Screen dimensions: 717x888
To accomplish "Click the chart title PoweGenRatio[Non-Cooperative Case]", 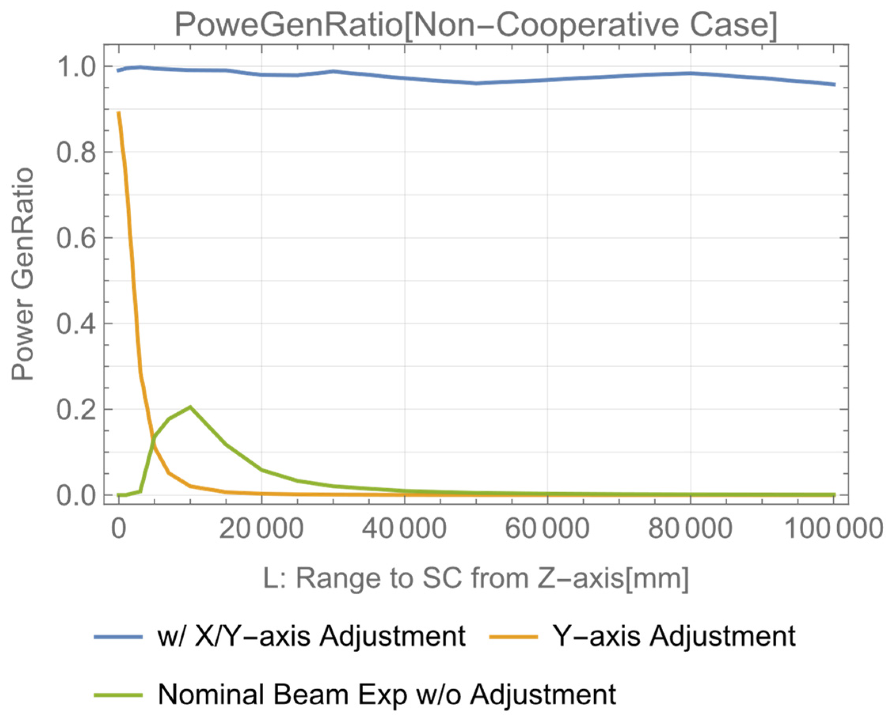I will coord(475,25).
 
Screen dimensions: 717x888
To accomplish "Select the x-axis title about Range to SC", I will coord(475,578).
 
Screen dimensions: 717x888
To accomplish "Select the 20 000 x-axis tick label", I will coord(261,528).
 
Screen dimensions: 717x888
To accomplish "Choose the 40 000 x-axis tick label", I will coord(404,528).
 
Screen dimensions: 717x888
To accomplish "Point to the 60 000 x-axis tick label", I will coord(547,528).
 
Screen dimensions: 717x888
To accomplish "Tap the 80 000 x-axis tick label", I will coord(690,528).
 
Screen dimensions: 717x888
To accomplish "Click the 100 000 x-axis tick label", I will coord(833,528).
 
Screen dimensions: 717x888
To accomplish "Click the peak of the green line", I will coord(190,407).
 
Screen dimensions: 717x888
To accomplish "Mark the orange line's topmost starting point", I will coord(119,112).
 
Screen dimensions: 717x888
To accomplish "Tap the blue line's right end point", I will coord(834,84).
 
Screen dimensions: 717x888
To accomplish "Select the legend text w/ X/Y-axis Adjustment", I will coord(312,636).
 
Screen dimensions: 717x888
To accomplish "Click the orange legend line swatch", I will coord(513,636).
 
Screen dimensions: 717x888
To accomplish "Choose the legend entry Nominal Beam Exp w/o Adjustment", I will coord(387,694).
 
